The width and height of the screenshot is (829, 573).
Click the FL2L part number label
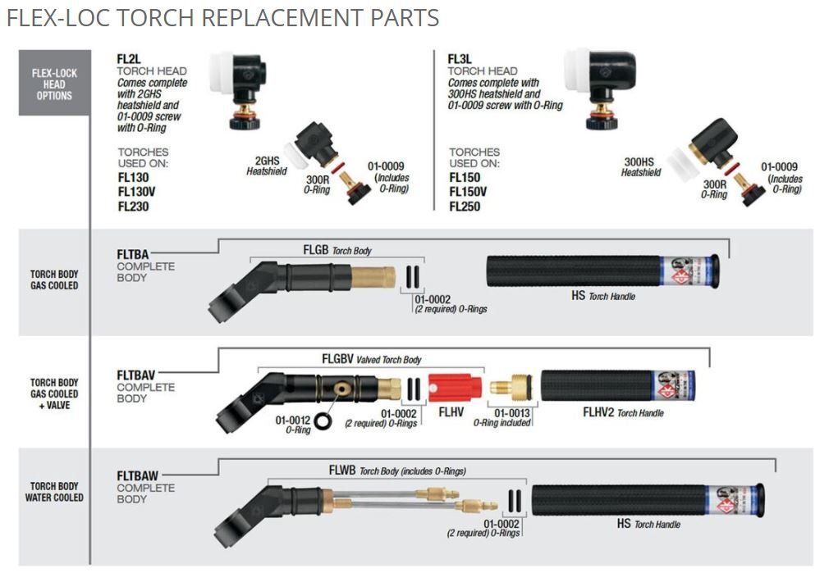pyautogui.click(x=130, y=59)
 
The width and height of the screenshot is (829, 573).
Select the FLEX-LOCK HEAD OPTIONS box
pyautogui.click(x=54, y=84)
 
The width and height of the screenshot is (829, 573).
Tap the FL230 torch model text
pyautogui.click(x=133, y=207)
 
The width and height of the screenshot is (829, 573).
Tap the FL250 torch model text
pyautogui.click(x=465, y=207)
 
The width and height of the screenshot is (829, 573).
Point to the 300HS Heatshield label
pyautogui.click(x=641, y=167)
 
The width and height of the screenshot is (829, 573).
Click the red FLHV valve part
pyautogui.click(x=452, y=386)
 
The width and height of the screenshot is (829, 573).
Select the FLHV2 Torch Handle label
pyautogui.click(x=623, y=412)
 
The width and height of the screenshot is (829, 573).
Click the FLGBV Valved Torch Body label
pyautogui.click(x=371, y=359)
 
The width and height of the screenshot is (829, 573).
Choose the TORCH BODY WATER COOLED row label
pyautogui.click(x=54, y=492)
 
